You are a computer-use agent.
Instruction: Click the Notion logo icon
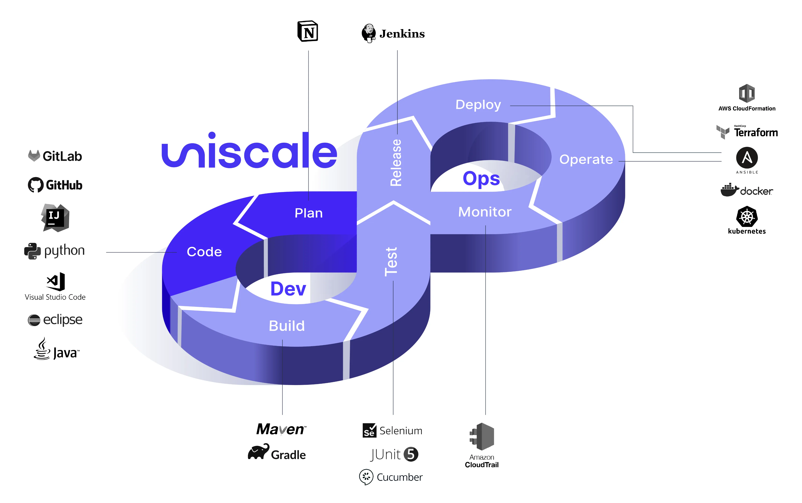(x=308, y=32)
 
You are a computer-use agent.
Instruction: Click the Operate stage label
(x=586, y=159)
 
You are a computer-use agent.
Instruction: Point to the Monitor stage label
(x=485, y=212)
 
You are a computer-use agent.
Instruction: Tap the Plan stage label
(x=309, y=213)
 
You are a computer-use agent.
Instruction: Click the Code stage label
(x=204, y=252)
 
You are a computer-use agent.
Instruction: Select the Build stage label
(x=287, y=326)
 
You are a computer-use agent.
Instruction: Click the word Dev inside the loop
(x=288, y=289)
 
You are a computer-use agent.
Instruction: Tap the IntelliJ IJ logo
(x=55, y=217)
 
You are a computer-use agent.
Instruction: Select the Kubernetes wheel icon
(x=747, y=217)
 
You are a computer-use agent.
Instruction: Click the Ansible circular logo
(x=747, y=158)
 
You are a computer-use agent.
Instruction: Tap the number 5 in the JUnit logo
(x=411, y=454)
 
